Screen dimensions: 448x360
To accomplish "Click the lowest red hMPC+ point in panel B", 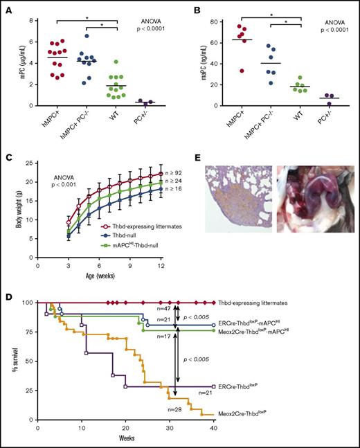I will coord(241,71).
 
